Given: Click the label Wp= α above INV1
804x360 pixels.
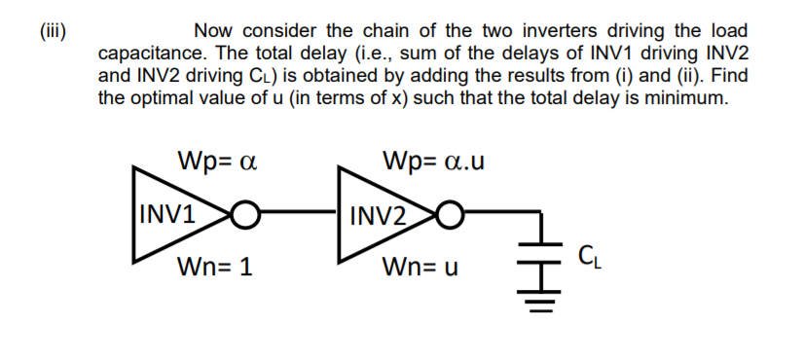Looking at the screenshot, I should [216, 159].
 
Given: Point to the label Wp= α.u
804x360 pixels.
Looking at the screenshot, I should [433, 159].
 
